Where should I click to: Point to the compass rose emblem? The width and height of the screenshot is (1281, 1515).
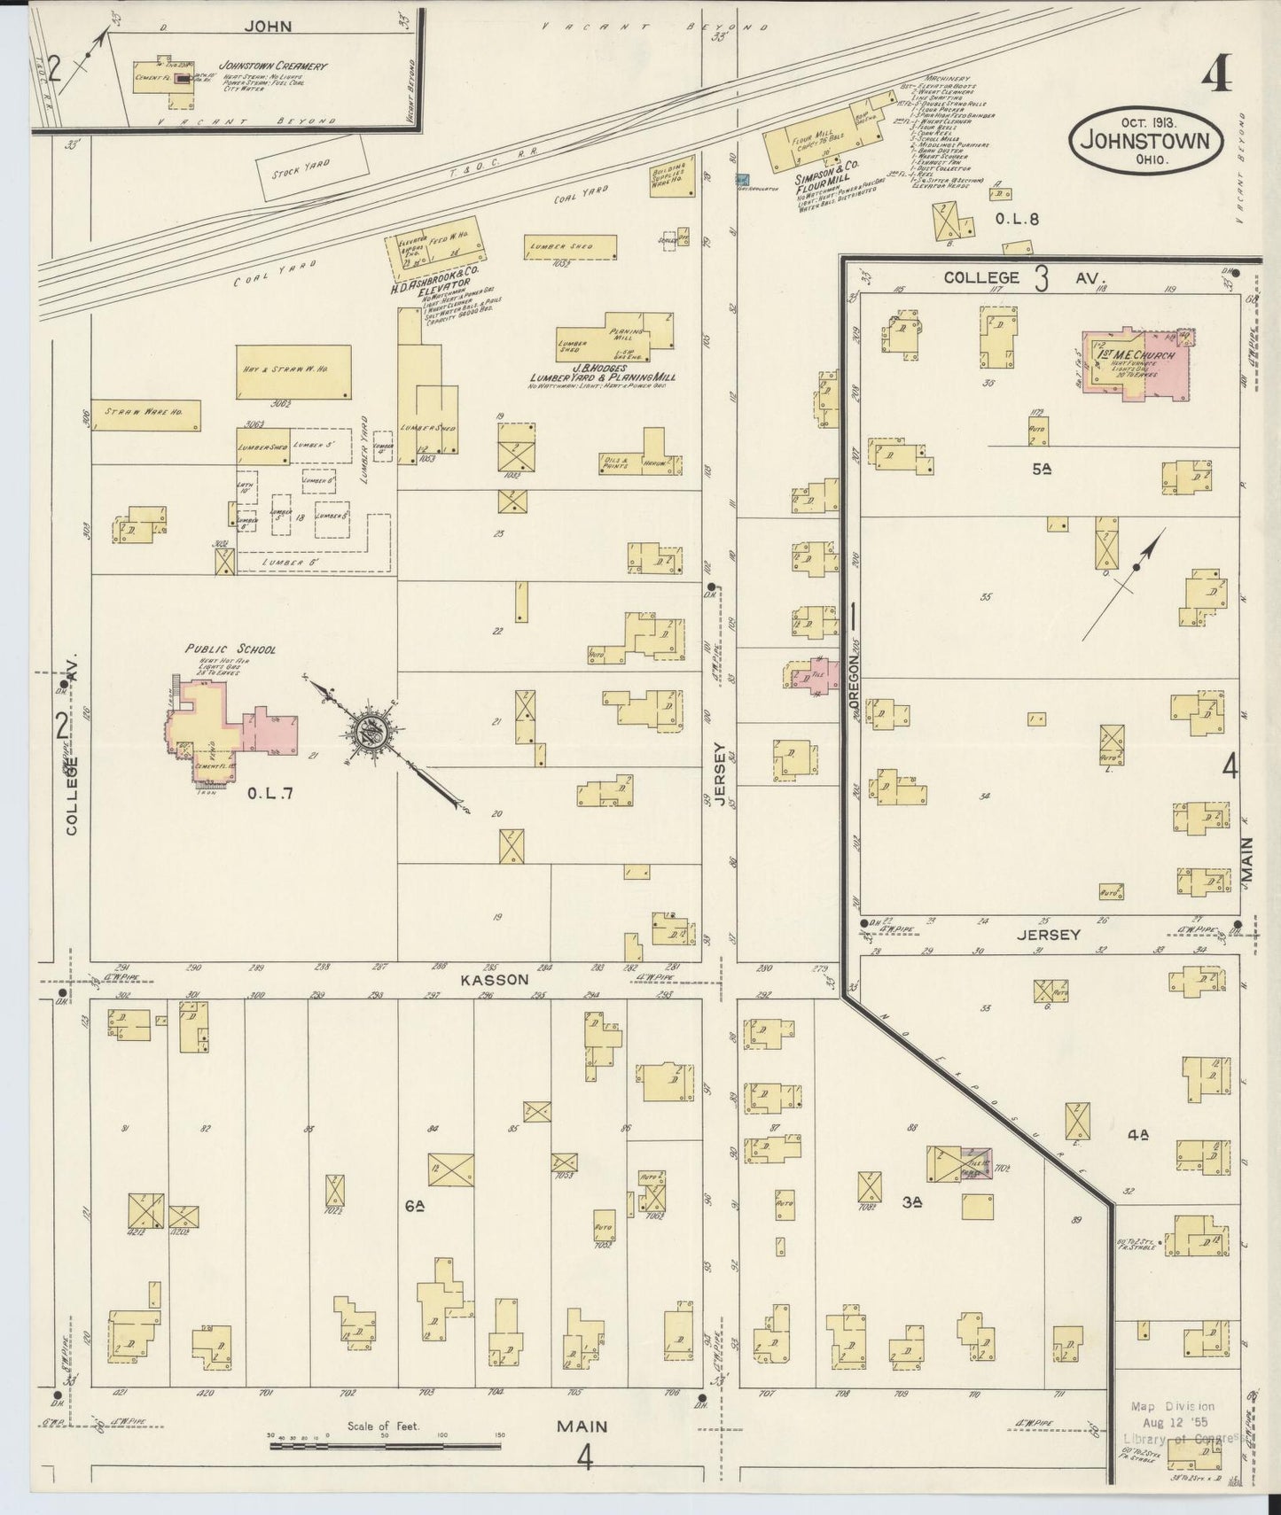pos(372,730)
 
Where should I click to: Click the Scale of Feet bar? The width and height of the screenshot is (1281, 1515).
pos(385,1447)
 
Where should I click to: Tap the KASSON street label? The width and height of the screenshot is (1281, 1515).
pos(495,980)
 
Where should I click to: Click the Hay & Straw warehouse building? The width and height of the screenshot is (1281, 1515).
pos(293,370)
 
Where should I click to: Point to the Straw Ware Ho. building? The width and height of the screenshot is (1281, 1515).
pos(145,415)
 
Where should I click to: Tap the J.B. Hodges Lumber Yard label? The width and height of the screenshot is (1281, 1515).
pos(600,373)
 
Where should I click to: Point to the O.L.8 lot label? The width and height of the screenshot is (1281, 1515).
pos(1016,220)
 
